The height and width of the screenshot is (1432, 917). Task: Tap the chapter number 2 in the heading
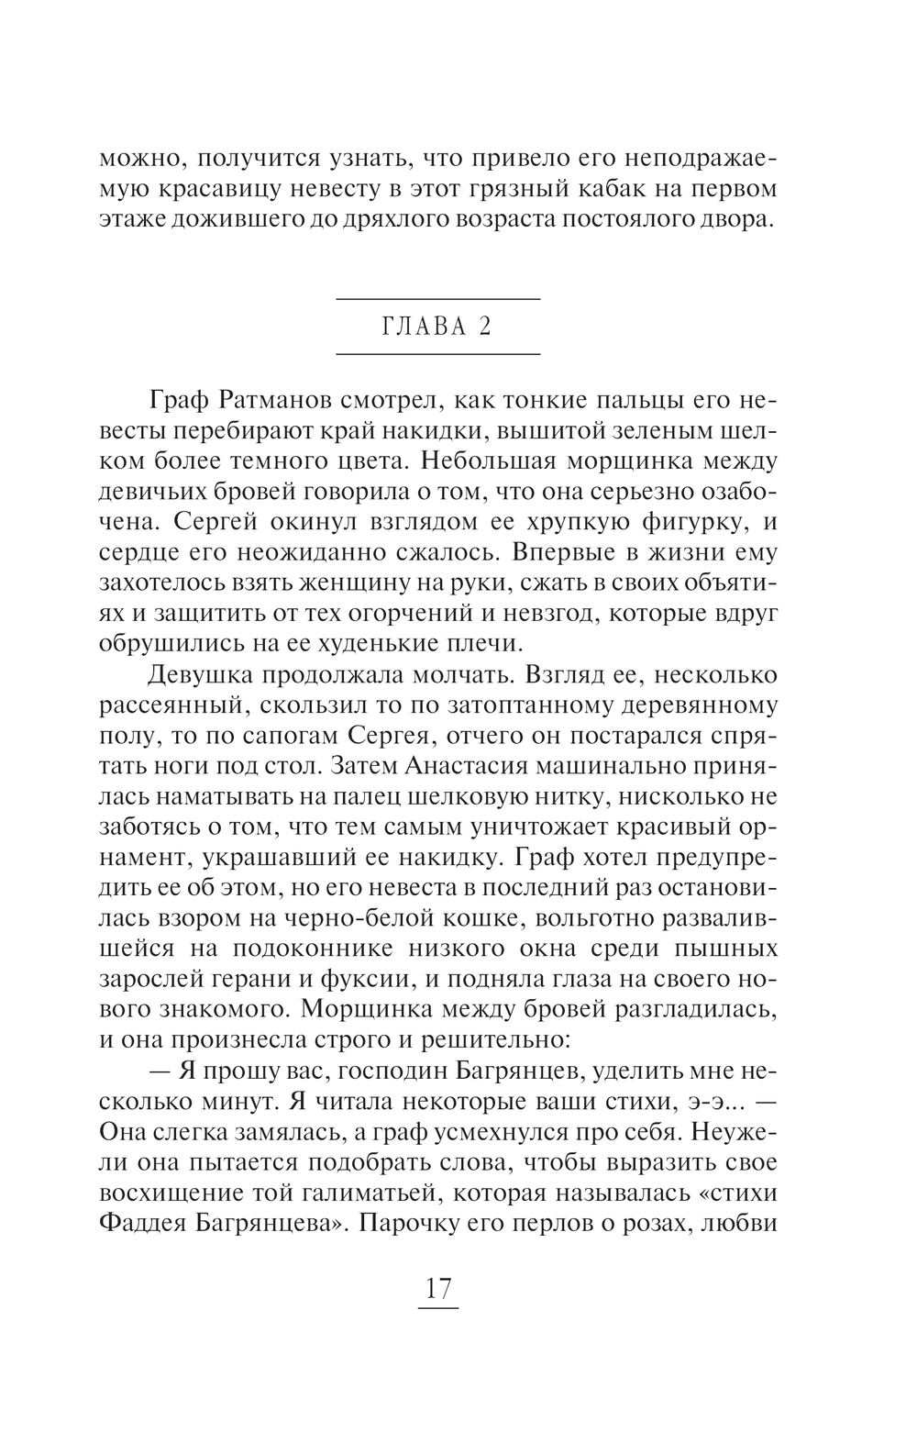click(485, 327)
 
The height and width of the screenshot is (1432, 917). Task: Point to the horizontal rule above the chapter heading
click(438, 299)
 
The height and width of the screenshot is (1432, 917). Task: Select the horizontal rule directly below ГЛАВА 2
click(438, 354)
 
